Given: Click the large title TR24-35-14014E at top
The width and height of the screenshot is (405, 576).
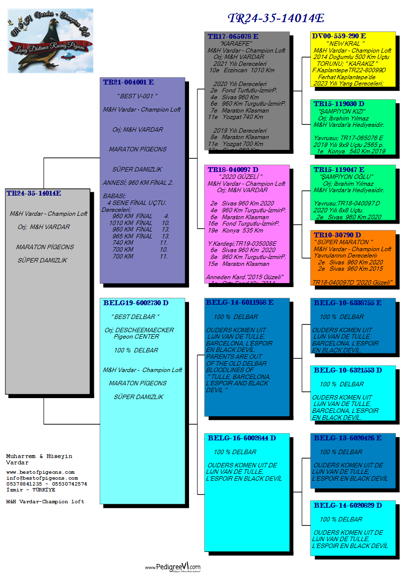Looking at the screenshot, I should click(276, 19).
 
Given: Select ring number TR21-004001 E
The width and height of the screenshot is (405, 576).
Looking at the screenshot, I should click(128, 83).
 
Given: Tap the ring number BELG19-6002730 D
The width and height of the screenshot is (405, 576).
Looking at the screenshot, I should click(135, 303).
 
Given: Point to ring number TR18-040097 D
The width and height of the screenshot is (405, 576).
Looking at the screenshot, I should click(233, 170).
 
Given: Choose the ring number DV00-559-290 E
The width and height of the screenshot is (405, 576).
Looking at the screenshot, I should click(339, 36).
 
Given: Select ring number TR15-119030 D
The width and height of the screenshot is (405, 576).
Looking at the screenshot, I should click(339, 105).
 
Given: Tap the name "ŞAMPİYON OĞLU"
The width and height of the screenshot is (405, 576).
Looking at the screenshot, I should click(347, 177).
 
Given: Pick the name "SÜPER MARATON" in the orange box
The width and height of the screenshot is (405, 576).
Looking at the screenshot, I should click(344, 242).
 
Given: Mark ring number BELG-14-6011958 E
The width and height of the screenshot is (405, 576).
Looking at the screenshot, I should click(240, 302).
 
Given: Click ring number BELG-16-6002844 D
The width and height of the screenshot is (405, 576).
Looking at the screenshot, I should click(242, 438).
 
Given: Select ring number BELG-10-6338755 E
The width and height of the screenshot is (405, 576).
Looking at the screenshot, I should click(348, 303).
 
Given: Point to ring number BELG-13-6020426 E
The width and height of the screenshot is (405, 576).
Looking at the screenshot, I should click(348, 438).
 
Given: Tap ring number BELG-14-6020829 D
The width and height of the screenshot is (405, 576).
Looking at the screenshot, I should click(348, 505).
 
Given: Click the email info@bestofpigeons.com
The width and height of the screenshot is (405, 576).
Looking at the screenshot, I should click(42, 478).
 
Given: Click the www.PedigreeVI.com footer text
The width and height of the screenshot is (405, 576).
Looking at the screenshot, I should click(172, 567).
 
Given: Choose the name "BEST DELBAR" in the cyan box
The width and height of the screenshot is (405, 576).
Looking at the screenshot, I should click(135, 317).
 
